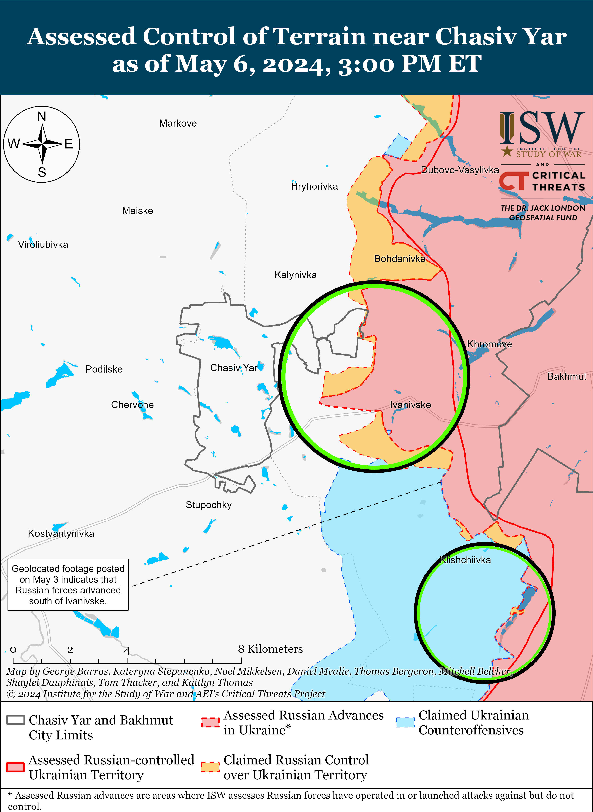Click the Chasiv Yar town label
pyautogui.click(x=234, y=368)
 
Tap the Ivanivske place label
pyautogui.click(x=410, y=405)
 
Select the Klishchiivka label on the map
pyautogui.click(x=465, y=560)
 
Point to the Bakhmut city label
pyautogui.click(x=567, y=376)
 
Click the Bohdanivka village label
pyautogui.click(x=399, y=259)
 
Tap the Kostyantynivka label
pyautogui.click(x=61, y=533)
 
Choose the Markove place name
pyautogui.click(x=178, y=123)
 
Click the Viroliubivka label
pyautogui.click(x=43, y=245)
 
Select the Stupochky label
pyautogui.click(x=209, y=505)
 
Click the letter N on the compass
pyautogui.click(x=42, y=116)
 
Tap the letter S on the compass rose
pyautogui.click(x=42, y=172)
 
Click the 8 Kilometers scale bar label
pyautogui.click(x=270, y=649)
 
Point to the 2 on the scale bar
pyautogui.click(x=70, y=650)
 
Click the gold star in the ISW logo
pyautogui.click(x=507, y=151)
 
